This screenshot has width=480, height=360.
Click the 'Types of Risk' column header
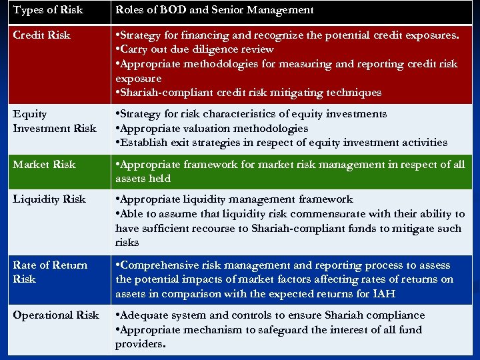pos(48,10)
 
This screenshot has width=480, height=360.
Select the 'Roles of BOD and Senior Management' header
pos(214,10)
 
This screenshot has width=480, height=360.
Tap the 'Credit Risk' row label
pos(41,35)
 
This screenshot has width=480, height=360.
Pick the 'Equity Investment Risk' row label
pos(54,121)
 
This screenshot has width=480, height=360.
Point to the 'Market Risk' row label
pos(44,164)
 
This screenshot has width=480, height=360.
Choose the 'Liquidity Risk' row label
pos(49,199)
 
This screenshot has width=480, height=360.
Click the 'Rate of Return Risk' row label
pos(50,272)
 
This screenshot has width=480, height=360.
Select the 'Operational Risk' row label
pos(56,315)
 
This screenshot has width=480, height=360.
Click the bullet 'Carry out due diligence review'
pos(195,49)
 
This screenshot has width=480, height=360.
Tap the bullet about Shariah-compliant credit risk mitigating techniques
pos(249,93)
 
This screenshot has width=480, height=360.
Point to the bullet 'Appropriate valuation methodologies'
pos(212,128)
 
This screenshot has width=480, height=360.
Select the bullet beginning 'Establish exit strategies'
pos(281,142)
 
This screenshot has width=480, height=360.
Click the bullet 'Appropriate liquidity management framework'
pos(234,199)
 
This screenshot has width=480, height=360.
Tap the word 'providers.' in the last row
pos(140,344)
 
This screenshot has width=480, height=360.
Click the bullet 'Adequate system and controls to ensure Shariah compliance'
pos(270,315)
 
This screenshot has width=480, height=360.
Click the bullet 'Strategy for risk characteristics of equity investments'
pos(251,114)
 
